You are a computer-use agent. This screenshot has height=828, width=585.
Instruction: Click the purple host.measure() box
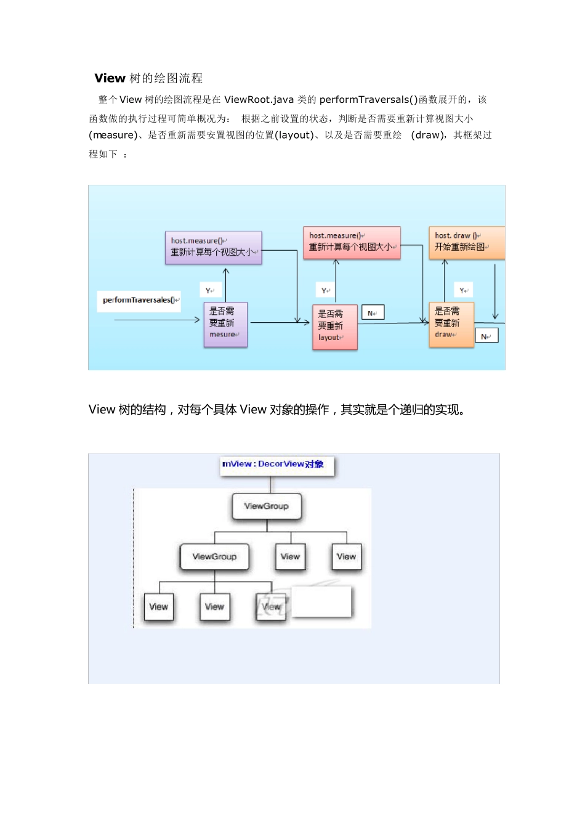point(213,248)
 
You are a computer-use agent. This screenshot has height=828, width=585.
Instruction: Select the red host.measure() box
point(352,242)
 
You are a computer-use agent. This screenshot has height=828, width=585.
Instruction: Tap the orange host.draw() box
point(466,242)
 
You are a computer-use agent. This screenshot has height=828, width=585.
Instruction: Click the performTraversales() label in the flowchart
point(139,301)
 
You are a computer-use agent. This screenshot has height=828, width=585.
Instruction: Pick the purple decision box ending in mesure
point(225,324)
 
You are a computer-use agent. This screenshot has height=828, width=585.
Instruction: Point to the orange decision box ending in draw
point(451,324)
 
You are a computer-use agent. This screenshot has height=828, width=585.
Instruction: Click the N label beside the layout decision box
point(373,313)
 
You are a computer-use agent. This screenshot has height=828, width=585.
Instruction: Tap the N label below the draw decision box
point(486,336)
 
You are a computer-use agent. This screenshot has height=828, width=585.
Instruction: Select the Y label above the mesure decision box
point(211,290)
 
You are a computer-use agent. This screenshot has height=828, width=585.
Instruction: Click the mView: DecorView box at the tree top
point(276,465)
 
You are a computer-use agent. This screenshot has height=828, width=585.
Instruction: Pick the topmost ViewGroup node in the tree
point(267,506)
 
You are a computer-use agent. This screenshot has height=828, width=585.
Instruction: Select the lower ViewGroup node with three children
point(214,557)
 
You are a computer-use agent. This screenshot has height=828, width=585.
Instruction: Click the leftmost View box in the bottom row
point(158,607)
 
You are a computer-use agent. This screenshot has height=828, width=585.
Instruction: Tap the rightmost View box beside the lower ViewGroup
point(346,557)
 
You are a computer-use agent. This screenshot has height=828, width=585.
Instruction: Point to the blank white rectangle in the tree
point(321,601)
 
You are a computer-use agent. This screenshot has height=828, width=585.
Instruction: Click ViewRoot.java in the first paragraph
point(259,100)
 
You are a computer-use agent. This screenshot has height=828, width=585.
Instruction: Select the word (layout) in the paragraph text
point(294,136)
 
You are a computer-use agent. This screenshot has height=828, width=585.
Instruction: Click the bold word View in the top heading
point(110,78)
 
